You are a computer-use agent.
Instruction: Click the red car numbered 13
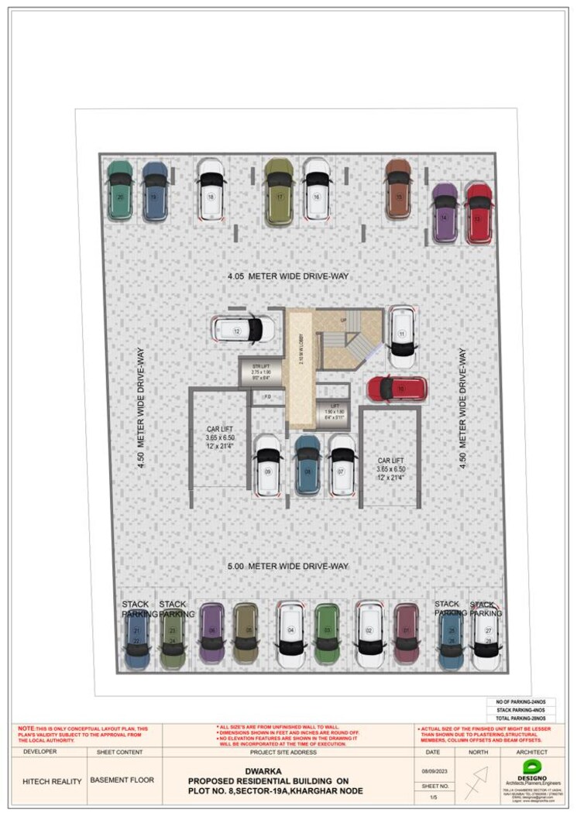pos(479,213)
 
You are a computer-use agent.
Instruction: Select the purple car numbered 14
pos(444,213)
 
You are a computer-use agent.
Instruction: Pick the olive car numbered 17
pos(279,192)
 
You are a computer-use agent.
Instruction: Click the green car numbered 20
pos(119,190)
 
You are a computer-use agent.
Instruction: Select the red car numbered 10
pos(397,389)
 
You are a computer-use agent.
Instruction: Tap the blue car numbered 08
pos(307,465)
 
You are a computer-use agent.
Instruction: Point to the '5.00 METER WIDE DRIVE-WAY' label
pos(287,566)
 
